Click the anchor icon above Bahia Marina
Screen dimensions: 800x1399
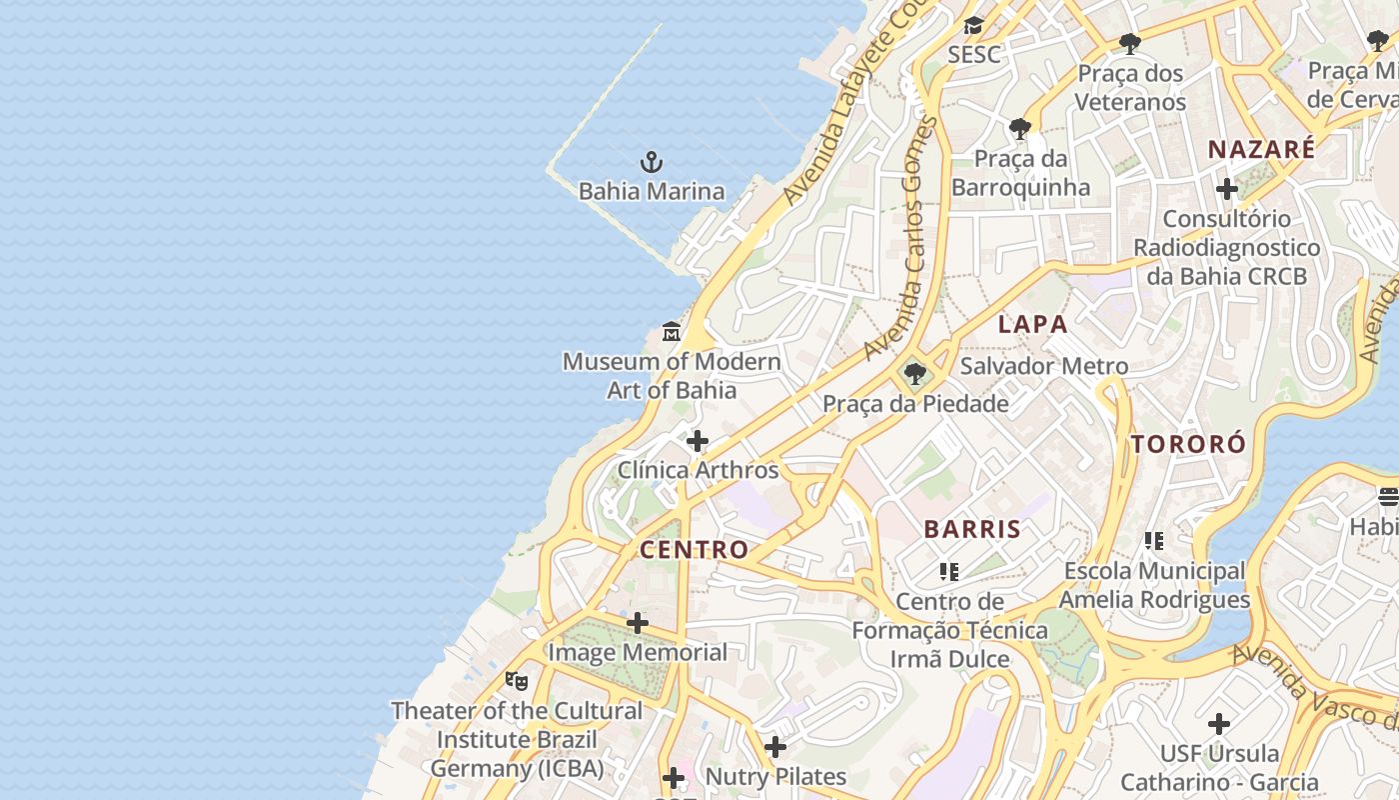(652, 162)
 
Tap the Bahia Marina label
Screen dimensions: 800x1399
(652, 191)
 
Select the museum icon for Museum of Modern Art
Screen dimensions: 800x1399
(672, 332)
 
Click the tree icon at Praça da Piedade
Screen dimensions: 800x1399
(913, 375)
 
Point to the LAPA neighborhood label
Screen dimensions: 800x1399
(1033, 324)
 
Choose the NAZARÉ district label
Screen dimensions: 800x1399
(1261, 150)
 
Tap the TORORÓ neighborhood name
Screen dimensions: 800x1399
(1188, 444)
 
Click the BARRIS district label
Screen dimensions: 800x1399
(972, 529)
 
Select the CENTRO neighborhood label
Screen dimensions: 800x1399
(694, 549)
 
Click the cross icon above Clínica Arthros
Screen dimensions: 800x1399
(698, 440)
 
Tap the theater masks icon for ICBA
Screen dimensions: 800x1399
(516, 681)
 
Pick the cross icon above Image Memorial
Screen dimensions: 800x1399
(637, 623)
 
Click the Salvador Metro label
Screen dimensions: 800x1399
(1044, 366)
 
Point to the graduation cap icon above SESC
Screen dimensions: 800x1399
(973, 26)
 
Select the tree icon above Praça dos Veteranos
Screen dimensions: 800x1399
(1130, 44)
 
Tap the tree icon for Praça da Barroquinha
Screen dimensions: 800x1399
(1019, 129)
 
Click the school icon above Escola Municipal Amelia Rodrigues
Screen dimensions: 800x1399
(1154, 541)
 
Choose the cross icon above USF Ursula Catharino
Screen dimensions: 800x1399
(1218, 723)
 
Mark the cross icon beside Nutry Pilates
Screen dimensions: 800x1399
(775, 747)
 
